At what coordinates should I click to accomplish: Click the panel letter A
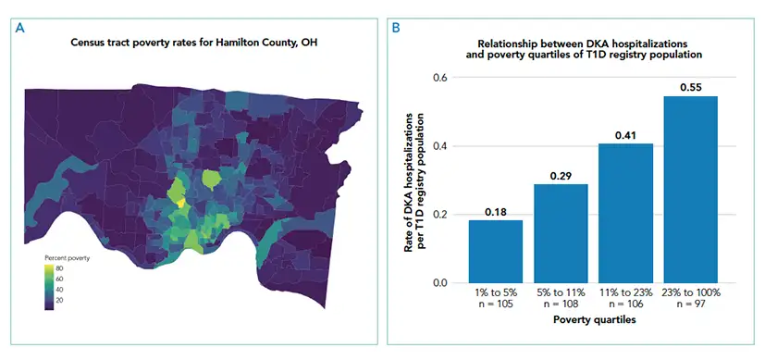[19, 28]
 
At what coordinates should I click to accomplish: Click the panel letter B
[397, 28]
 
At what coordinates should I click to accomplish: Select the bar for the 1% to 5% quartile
[496, 251]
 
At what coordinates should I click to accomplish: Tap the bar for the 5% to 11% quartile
[561, 233]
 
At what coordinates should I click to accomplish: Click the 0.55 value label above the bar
[690, 87]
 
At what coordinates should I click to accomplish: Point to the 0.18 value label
[496, 212]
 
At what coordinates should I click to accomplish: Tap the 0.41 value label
[625, 135]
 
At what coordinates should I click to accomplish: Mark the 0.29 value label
[561, 176]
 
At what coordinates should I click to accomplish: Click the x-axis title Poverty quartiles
[592, 320]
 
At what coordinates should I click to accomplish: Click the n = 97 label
[690, 304]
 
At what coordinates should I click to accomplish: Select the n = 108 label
[561, 304]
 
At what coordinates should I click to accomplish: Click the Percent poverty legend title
[67, 257]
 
